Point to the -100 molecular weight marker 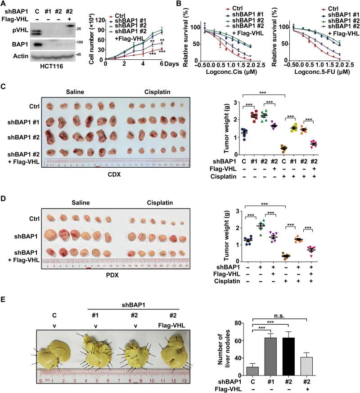tap(85, 43)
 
